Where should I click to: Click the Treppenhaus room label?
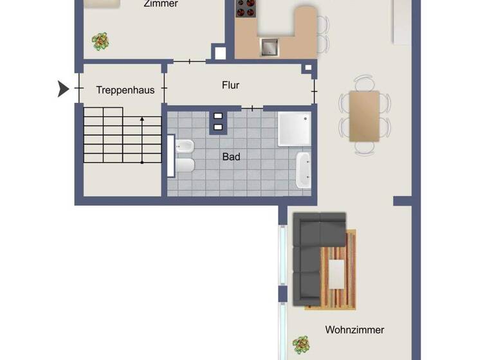click(x=125, y=90)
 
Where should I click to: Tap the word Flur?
click(x=230, y=85)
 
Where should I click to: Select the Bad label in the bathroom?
click(x=231, y=156)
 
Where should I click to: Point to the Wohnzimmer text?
click(x=354, y=330)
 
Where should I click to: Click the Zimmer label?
click(x=161, y=4)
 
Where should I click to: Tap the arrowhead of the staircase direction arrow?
click(x=142, y=120)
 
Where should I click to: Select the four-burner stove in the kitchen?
click(x=246, y=8)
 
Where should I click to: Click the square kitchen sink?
click(x=269, y=46)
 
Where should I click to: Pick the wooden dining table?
click(x=364, y=116)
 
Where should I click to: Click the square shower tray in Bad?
click(x=293, y=128)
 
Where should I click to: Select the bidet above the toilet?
click(x=183, y=145)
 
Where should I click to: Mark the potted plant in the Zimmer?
click(x=100, y=42)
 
